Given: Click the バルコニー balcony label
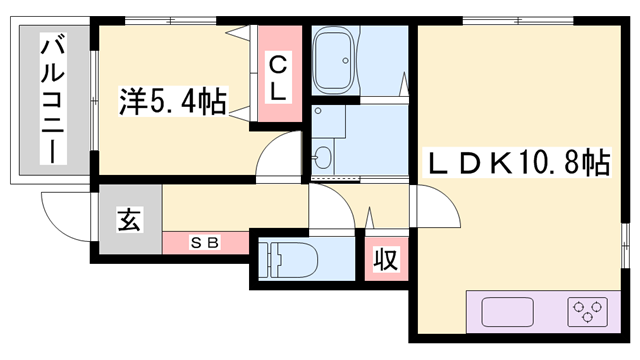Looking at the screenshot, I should [x=51, y=100].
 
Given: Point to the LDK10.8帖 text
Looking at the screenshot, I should [x=519, y=162].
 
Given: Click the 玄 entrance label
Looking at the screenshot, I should [x=129, y=219].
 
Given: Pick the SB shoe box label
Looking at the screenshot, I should [x=206, y=243].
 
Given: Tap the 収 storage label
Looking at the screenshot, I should [x=385, y=259].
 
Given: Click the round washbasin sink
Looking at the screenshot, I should [x=323, y=157].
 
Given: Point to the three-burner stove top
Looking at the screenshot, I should [x=586, y=312].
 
